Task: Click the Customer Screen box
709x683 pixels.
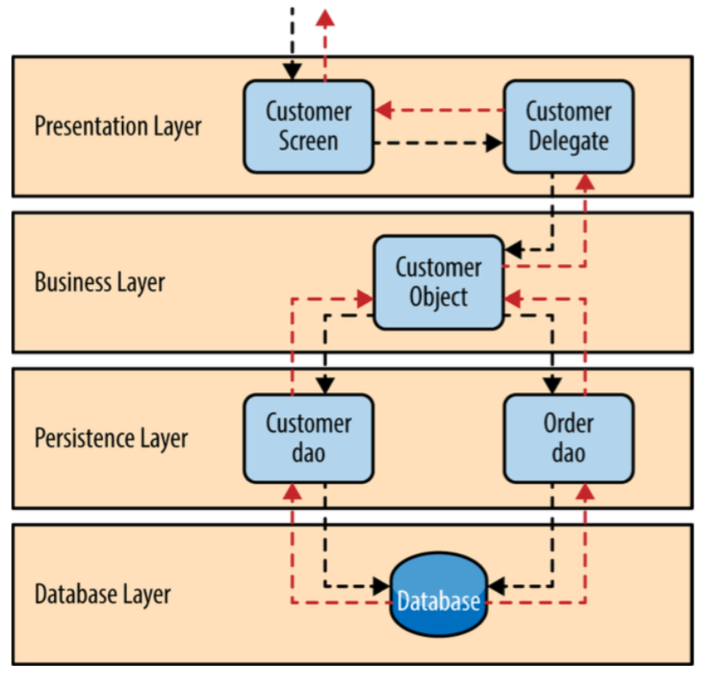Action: point(308,125)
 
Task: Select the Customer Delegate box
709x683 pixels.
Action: point(568,125)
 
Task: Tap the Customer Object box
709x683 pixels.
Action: point(438,282)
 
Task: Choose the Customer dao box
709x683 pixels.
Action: point(308,438)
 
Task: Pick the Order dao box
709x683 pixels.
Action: point(568,438)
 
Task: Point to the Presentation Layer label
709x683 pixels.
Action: point(118,126)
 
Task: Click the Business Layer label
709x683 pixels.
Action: point(100,282)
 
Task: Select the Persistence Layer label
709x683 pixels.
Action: point(111,438)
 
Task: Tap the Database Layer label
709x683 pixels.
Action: point(102,594)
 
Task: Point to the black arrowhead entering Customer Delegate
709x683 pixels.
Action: point(494,142)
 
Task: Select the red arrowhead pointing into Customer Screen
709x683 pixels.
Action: point(383,110)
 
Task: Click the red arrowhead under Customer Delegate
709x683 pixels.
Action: point(585,181)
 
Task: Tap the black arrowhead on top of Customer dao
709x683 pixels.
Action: point(325,384)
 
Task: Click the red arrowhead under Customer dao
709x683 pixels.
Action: point(292,492)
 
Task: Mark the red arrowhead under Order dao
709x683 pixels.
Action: point(585,492)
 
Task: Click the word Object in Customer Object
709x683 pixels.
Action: point(438,297)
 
